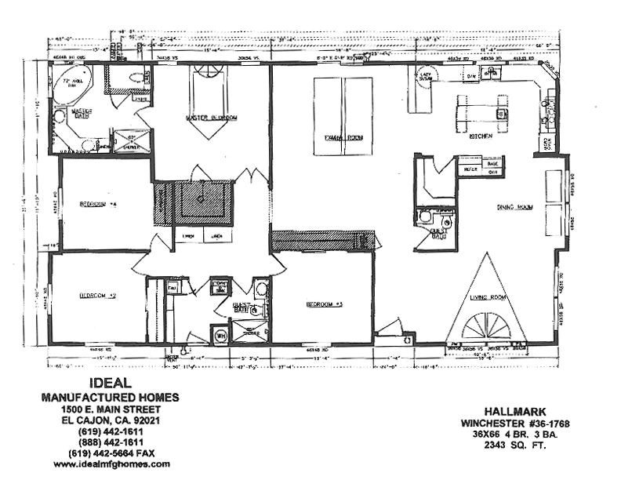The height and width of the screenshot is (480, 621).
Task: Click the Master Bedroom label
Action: (x=212, y=118)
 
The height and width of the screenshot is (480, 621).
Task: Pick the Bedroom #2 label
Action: (x=98, y=296)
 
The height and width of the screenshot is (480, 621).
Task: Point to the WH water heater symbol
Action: (x=221, y=336)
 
